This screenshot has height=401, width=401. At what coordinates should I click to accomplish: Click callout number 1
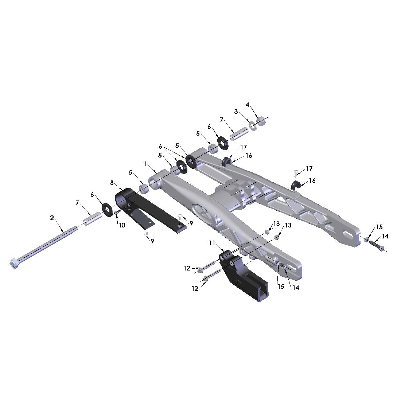click(145, 164)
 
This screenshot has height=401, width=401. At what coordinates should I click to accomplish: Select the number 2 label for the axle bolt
click(52, 218)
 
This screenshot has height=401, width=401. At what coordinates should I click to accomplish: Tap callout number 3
click(236, 112)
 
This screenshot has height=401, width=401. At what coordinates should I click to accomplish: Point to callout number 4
click(247, 105)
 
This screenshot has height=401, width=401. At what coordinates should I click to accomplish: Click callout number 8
click(112, 183)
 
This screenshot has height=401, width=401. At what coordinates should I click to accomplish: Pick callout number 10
click(122, 225)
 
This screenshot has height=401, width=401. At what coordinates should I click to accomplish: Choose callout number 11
click(212, 243)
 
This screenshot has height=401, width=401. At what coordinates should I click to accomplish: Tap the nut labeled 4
click(261, 121)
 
